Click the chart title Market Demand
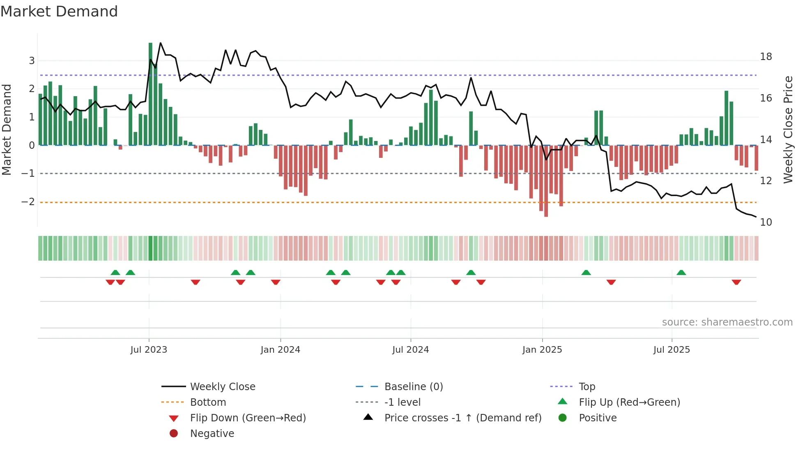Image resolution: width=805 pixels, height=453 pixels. pyautogui.click(x=59, y=12)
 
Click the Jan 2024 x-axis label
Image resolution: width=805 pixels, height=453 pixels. pyautogui.click(x=280, y=350)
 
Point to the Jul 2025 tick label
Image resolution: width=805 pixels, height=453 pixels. pyautogui.click(x=672, y=350)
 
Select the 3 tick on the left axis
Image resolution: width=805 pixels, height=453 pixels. pyautogui.click(x=32, y=61)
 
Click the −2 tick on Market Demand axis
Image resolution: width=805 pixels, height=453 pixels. pyautogui.click(x=28, y=202)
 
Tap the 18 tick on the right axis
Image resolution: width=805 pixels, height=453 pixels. pyautogui.click(x=766, y=57)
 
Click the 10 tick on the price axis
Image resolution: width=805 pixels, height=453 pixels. pyautogui.click(x=766, y=222)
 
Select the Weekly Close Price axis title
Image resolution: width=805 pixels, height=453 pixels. pyautogui.click(x=788, y=129)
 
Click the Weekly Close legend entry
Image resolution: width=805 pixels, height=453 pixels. pyautogui.click(x=222, y=387)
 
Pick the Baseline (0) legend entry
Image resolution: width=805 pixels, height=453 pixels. pyautogui.click(x=413, y=387)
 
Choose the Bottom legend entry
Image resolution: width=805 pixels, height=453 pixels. pyautogui.click(x=208, y=402)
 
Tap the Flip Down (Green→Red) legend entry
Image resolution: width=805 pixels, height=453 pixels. pyautogui.click(x=248, y=418)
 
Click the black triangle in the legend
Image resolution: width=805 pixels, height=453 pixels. pyautogui.click(x=368, y=417)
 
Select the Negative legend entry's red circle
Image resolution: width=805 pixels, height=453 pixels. pyautogui.click(x=174, y=434)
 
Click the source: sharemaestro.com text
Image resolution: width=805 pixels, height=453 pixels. pyautogui.click(x=727, y=322)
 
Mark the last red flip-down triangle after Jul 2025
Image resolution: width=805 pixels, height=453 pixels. pyautogui.click(x=736, y=282)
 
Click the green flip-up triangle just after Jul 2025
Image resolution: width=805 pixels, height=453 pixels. pyautogui.click(x=681, y=273)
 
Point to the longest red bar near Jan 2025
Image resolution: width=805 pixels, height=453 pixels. pyautogui.click(x=546, y=181)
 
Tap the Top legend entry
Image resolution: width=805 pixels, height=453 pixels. pyautogui.click(x=586, y=387)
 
